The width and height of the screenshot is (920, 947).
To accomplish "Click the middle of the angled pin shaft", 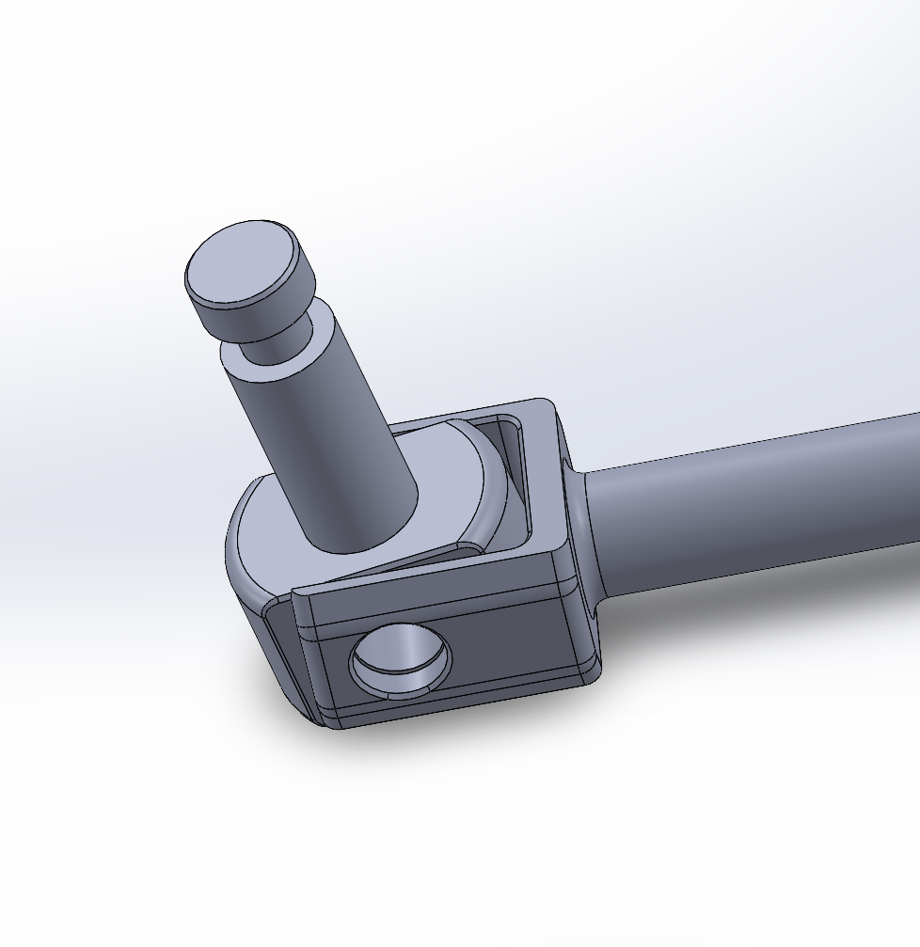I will pos(320,433).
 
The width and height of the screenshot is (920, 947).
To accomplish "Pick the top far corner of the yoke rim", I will pos(544,406).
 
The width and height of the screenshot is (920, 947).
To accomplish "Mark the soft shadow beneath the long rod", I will pos(753,611).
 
